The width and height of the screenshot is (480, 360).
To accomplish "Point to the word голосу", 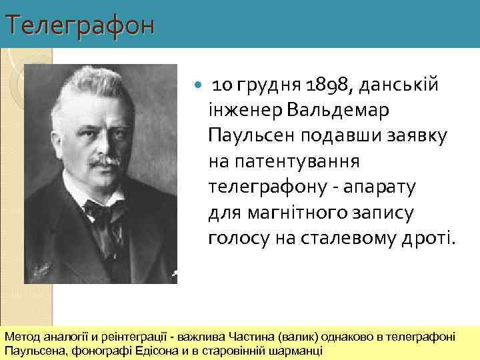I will point(233,237).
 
